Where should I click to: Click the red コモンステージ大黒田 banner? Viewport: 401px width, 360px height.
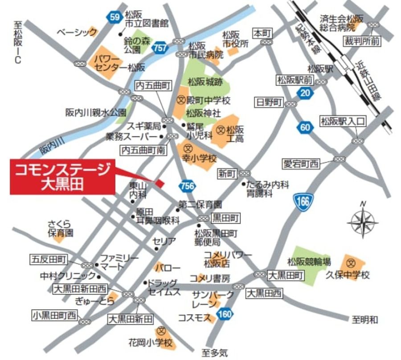click(x=62, y=177)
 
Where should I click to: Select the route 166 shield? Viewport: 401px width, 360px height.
click(x=304, y=201)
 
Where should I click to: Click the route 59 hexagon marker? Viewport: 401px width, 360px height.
click(x=115, y=17)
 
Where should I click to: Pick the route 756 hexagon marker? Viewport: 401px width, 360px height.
click(x=188, y=186)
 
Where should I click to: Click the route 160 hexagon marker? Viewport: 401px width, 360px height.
click(x=226, y=314)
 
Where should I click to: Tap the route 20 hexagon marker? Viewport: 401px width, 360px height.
click(x=304, y=93)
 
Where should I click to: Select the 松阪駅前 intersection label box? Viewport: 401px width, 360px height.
click(x=294, y=80)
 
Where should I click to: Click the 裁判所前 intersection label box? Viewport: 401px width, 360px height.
click(x=362, y=41)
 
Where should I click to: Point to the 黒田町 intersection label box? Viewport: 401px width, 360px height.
click(x=226, y=218)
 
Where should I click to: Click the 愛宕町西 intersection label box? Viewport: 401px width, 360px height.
click(x=302, y=164)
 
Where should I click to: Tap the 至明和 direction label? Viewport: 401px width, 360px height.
click(x=364, y=319)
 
